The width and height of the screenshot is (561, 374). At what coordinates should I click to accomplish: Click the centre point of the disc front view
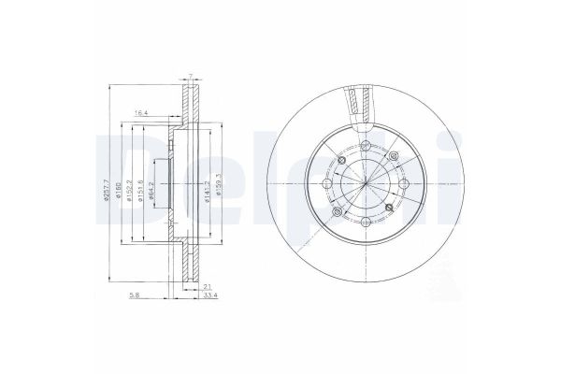(359, 180)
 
